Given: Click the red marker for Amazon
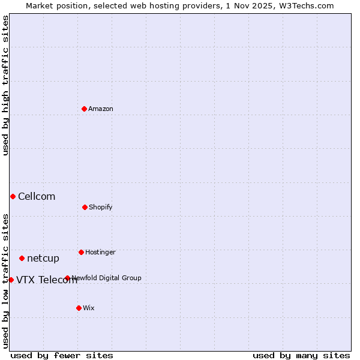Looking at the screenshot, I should [x=84, y=109].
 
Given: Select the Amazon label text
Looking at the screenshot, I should [x=101, y=109].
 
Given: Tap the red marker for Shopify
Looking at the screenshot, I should [x=85, y=207].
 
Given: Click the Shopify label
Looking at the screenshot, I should [x=101, y=208].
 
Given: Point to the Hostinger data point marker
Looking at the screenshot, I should [x=81, y=252].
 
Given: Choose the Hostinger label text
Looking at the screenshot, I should [x=100, y=253].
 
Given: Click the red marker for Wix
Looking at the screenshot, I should [x=79, y=308].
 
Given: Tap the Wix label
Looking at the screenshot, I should [x=89, y=308].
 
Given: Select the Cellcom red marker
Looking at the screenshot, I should [x=13, y=196].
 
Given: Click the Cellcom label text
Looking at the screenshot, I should [x=37, y=197].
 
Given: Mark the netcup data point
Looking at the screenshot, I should [x=22, y=258].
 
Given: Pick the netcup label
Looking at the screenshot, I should [x=43, y=259].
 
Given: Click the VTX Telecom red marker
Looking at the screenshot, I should [x=11, y=280].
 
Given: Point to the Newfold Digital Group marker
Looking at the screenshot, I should [x=67, y=278].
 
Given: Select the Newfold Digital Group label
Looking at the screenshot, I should [x=107, y=278].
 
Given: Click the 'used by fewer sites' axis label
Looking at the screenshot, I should [x=62, y=355].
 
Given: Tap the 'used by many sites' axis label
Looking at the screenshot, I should [x=301, y=355].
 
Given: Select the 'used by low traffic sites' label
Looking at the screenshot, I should [x=5, y=280].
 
